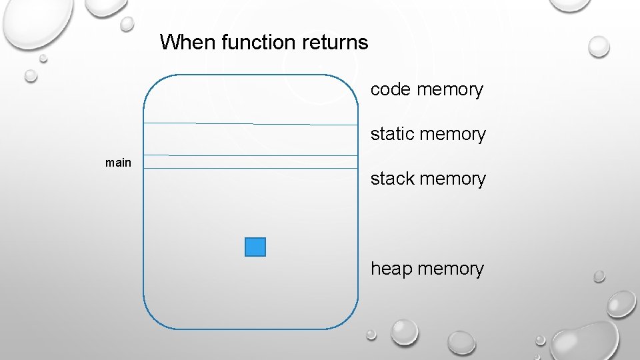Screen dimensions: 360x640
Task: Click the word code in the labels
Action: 391,89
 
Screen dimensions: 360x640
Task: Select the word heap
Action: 392,269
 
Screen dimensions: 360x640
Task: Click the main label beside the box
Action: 118,162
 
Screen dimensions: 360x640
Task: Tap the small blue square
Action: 255,247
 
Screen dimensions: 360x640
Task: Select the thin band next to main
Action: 251,162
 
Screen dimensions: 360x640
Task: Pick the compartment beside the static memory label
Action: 251,139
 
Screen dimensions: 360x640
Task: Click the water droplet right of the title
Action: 598,46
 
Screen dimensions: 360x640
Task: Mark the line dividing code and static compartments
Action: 251,124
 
